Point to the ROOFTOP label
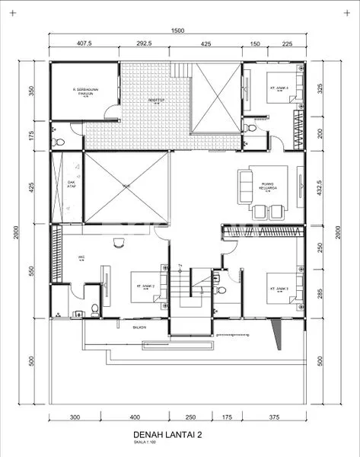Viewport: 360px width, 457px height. [157, 99]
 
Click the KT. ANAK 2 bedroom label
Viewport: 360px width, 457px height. [145, 286]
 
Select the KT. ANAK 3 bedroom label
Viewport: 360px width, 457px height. [276, 289]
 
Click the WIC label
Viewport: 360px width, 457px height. [80, 258]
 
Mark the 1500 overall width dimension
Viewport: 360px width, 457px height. [177, 30]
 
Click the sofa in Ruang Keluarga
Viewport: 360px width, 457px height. [245, 187]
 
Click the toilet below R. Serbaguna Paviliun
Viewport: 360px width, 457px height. [56, 142]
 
